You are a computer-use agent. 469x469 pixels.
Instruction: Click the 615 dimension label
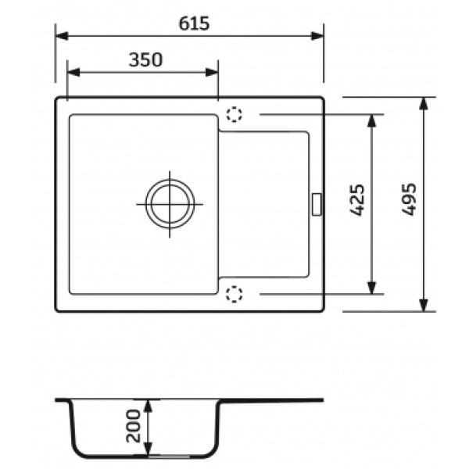(x=194, y=23)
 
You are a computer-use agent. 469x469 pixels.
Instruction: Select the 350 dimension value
(x=145, y=60)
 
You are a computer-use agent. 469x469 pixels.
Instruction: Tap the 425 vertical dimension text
(x=357, y=200)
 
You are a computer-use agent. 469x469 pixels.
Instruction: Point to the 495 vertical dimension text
(x=409, y=199)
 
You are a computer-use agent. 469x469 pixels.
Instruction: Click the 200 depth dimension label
(x=133, y=426)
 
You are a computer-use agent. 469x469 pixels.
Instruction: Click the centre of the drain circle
(x=170, y=204)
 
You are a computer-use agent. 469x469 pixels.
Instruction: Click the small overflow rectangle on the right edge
(x=317, y=204)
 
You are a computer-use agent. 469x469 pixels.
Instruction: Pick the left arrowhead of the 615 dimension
(x=62, y=36)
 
